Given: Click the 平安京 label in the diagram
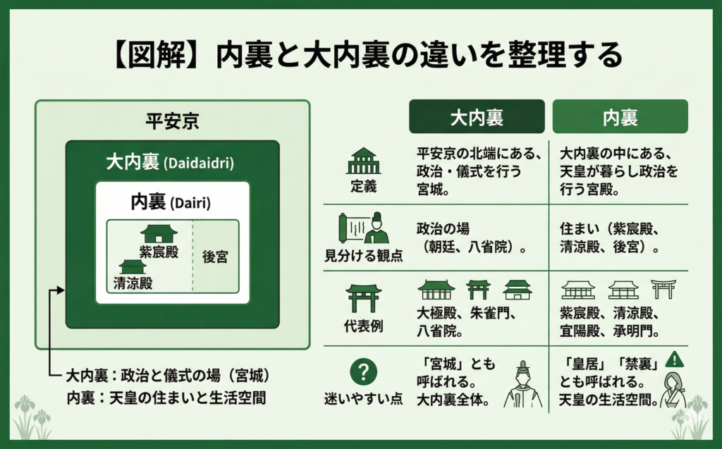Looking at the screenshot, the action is click(x=172, y=121).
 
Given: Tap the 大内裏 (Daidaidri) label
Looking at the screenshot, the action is click(x=170, y=163).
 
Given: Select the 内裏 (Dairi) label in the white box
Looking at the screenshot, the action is click(x=171, y=202).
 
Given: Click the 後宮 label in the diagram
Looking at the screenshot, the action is click(x=216, y=257).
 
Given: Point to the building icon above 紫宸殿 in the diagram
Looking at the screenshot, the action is click(x=159, y=233).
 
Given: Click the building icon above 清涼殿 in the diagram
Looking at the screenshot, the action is click(x=133, y=266).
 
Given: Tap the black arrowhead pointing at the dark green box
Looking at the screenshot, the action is click(x=61, y=290).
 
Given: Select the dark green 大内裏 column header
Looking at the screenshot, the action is click(x=477, y=116).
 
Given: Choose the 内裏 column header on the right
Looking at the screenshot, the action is click(x=620, y=116).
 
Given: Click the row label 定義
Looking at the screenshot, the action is click(x=363, y=186).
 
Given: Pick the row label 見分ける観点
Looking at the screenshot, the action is click(x=363, y=255).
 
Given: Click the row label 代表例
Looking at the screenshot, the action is click(x=363, y=326).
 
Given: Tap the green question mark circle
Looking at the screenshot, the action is click(x=363, y=371).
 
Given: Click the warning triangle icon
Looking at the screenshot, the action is click(x=675, y=359).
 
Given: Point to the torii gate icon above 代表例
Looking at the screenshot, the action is click(x=364, y=298).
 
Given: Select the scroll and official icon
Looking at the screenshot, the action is click(x=363, y=228).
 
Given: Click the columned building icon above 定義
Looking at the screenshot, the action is click(x=363, y=161).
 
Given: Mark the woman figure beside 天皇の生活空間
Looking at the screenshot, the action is click(x=673, y=390).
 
